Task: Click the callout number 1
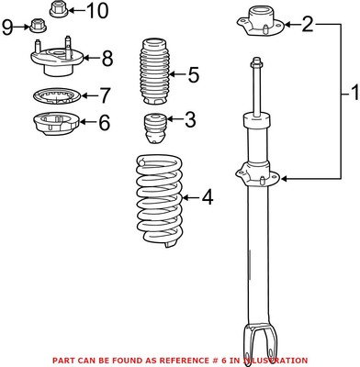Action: point(349,92)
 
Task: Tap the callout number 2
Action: point(308,23)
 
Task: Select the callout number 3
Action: point(189,118)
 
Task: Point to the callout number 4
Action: point(207,195)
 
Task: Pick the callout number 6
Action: point(104,119)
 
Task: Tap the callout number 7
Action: point(105,94)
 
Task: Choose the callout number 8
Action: point(107,60)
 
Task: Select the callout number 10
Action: point(96,11)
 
